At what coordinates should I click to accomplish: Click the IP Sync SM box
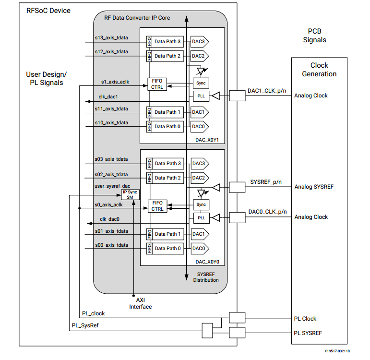(130, 194)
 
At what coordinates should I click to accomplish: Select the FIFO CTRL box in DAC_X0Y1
(157, 84)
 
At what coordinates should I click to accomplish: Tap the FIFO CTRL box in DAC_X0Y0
(157, 206)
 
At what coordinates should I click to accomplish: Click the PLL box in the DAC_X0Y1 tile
(201, 96)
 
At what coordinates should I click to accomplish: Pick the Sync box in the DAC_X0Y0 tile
(201, 204)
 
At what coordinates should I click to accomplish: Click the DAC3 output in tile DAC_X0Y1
(200, 42)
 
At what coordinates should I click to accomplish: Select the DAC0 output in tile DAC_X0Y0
(200, 248)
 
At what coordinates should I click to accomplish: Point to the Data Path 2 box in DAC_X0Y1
(167, 56)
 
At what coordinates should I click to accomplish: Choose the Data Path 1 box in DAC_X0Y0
(168, 234)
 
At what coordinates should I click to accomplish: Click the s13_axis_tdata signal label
(111, 38)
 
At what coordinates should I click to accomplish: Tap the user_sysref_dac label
(112, 186)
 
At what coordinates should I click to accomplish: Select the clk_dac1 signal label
(108, 97)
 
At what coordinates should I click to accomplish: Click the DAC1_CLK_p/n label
(267, 91)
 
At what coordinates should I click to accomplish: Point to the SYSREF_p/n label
(266, 182)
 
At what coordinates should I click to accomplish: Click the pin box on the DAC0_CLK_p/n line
(237, 217)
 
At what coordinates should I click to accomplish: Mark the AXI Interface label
(141, 303)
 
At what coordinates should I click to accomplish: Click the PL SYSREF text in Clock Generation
(308, 333)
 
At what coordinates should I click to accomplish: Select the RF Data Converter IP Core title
(137, 18)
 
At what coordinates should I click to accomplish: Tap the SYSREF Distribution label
(206, 277)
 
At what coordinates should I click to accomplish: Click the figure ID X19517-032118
(337, 351)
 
